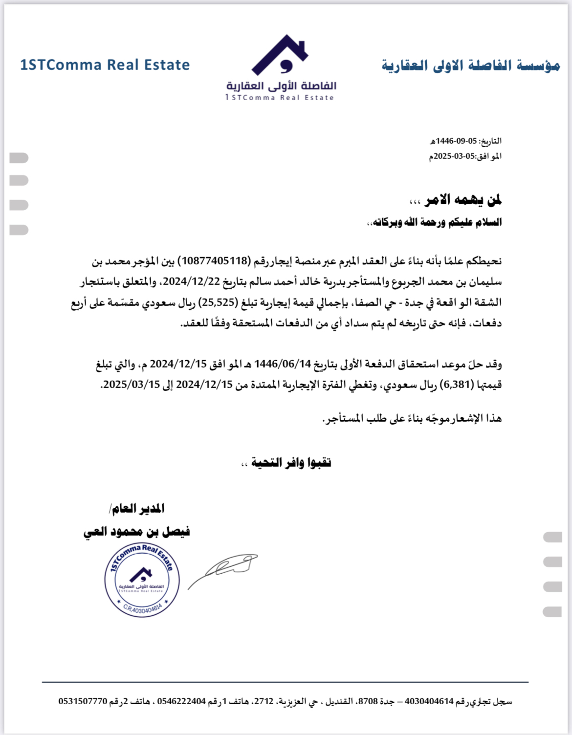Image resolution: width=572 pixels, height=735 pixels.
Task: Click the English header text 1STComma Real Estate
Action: pos(105,65)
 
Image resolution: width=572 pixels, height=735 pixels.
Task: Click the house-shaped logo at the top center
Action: pos(280,55)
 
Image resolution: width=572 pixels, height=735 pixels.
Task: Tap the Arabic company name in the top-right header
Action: pos(470,65)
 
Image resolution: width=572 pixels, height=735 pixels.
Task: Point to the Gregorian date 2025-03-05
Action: pos(455,156)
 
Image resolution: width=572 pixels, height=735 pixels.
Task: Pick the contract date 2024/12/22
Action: pos(192,281)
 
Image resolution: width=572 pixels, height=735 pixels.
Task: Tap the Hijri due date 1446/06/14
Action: pos(283,364)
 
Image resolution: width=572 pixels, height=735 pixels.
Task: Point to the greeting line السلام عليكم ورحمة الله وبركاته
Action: pos(435,222)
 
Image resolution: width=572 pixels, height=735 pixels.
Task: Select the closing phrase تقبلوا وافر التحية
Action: pos(291,462)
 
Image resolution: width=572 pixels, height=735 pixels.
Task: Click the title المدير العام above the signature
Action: pos(138,509)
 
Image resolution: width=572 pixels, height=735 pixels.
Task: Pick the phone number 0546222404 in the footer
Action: pos(181,702)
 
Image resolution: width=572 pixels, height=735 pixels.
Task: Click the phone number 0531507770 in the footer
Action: pos(83,702)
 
